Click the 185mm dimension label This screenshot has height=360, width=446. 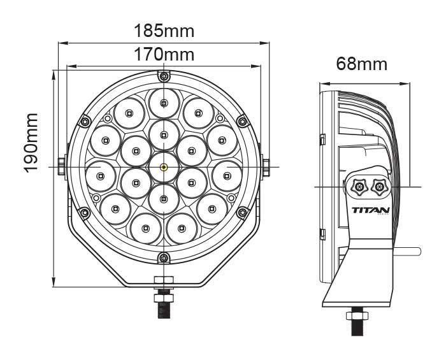[164, 31]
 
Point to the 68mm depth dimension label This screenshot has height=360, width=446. [362, 64]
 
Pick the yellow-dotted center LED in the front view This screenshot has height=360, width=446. [164, 167]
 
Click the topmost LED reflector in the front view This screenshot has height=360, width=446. [164, 103]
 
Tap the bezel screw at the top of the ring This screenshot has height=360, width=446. [164, 76]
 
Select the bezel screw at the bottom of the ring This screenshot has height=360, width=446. [164, 258]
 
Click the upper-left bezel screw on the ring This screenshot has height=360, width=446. [85, 121]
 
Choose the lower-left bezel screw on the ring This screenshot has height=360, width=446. [85, 213]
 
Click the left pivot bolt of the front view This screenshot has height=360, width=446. [61, 166]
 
